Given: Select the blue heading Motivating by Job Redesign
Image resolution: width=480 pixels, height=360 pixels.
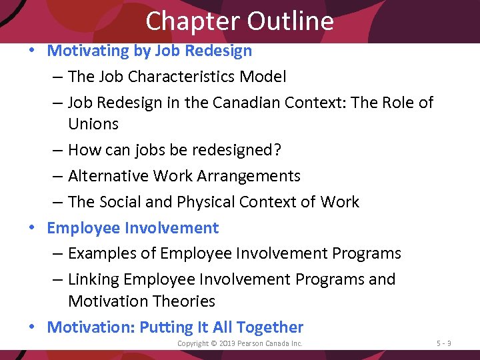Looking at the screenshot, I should tap(149, 51).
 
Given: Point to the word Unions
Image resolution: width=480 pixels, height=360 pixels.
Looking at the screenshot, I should tap(93, 124).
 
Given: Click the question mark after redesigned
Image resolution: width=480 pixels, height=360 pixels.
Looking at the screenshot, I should tap(277, 150).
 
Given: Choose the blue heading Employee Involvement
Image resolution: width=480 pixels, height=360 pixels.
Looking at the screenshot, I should tap(133, 228).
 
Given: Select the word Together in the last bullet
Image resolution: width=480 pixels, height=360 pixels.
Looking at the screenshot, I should tap(269, 327).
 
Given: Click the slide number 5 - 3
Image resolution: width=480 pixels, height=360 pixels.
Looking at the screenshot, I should tap(443, 343).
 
